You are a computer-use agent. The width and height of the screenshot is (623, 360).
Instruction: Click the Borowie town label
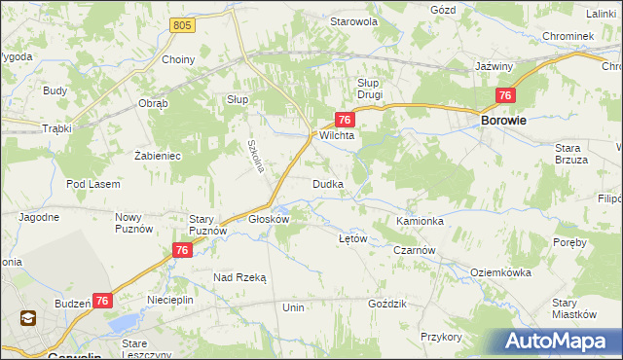point(504,120)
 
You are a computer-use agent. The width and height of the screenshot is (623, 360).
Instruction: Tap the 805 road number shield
point(180,23)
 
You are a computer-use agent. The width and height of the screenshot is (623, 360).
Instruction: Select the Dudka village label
point(326,184)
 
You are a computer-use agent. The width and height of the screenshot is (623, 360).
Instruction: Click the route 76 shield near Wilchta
point(344,119)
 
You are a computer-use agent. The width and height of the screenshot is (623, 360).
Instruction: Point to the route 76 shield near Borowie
point(504,95)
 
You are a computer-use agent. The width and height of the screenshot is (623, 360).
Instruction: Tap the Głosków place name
point(270,219)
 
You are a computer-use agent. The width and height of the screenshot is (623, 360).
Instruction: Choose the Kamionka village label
point(420,221)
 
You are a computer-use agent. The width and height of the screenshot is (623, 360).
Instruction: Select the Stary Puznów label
point(207,225)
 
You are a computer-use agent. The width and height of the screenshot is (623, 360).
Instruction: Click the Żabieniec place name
point(158,155)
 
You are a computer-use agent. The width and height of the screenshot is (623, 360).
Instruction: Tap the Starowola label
point(353,20)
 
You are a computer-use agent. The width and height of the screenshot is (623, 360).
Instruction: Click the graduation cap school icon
point(27,318)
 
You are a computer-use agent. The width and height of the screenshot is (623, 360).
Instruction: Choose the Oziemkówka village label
point(502,273)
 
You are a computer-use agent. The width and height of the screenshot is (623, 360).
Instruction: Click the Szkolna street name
point(256,153)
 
